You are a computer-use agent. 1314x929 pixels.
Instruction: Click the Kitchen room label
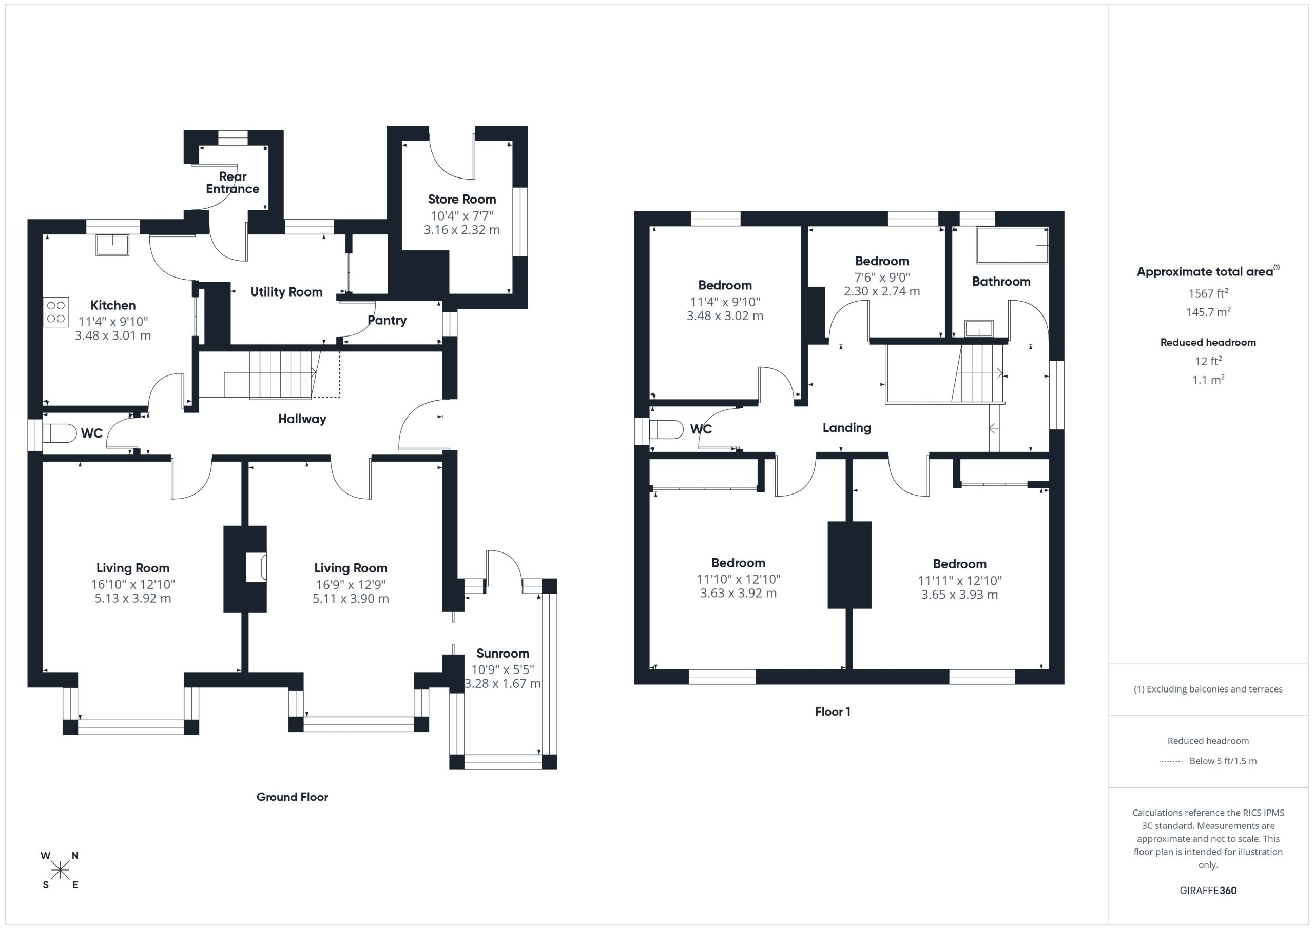click(113, 305)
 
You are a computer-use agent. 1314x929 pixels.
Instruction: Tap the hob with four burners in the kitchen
click(56, 312)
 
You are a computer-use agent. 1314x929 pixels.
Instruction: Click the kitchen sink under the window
click(113, 245)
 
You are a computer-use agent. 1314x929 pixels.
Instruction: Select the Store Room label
click(462, 199)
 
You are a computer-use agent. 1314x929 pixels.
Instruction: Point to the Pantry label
click(387, 320)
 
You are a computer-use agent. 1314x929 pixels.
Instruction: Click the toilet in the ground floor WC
click(60, 433)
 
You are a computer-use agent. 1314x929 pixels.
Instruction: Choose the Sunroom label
click(503, 653)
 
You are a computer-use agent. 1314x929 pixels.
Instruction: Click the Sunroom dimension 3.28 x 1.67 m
click(503, 684)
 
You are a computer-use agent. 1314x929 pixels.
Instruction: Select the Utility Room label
click(286, 292)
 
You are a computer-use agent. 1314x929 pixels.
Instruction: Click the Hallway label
click(302, 419)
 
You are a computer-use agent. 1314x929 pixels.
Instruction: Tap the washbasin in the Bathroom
click(979, 328)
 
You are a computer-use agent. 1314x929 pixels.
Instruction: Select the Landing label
click(847, 428)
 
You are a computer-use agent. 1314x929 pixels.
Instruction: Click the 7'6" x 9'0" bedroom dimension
click(882, 278)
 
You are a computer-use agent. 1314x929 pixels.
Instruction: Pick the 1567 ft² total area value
click(1208, 293)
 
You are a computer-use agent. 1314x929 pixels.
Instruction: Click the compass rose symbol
click(60, 871)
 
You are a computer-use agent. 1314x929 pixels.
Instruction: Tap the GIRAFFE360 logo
click(1208, 891)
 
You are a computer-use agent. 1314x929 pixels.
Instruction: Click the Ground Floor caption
click(292, 797)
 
